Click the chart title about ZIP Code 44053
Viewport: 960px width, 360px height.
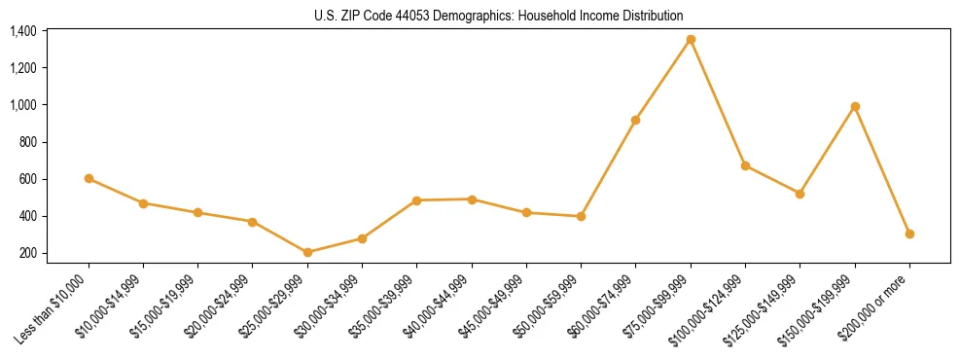tap(498, 16)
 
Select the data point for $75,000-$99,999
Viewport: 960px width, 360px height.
tap(691, 39)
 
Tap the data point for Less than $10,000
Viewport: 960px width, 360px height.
tap(89, 178)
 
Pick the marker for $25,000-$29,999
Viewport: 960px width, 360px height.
tap(307, 252)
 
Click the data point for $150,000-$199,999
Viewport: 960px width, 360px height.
tap(855, 106)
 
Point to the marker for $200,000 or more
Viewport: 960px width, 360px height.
tap(909, 234)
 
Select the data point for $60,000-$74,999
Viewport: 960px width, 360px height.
tap(636, 120)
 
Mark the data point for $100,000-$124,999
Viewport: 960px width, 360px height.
tap(745, 165)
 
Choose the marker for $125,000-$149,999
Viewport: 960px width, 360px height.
tap(800, 194)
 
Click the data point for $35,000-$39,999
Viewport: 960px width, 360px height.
tap(417, 200)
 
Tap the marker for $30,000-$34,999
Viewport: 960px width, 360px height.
tap(362, 238)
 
